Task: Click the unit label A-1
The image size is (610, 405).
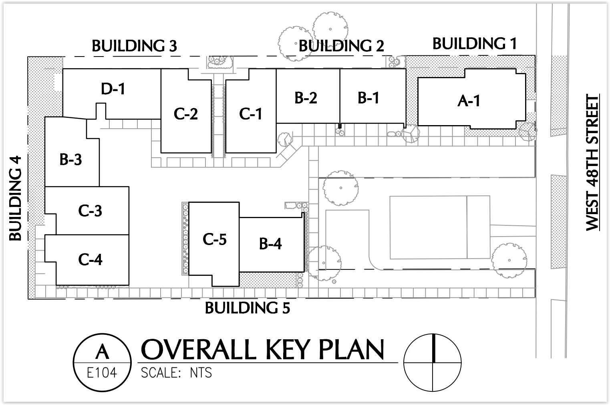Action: tap(469, 101)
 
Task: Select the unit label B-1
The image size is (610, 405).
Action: tap(368, 97)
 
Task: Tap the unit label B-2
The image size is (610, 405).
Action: tap(306, 97)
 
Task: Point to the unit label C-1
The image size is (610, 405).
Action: tap(251, 114)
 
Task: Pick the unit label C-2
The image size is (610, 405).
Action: tap(186, 114)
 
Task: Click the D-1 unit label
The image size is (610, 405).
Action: tap(113, 89)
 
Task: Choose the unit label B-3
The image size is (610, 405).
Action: tap(70, 159)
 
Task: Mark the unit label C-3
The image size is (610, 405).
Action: tap(90, 211)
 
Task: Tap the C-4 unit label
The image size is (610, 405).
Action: tap(90, 259)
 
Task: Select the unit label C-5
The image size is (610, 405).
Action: tap(215, 239)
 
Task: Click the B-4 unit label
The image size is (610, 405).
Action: tap(270, 243)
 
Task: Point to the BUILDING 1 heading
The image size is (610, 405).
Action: tap(475, 44)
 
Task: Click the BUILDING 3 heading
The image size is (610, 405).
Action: tap(134, 46)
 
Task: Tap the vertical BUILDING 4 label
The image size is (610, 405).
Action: tap(15, 198)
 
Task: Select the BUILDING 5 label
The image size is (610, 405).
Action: tap(247, 308)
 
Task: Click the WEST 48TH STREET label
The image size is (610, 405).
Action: tap(592, 162)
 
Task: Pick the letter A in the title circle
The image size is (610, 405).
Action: tap(102, 352)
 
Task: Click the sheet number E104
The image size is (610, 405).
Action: tap(102, 373)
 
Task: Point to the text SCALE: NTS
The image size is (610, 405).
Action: tap(176, 373)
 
